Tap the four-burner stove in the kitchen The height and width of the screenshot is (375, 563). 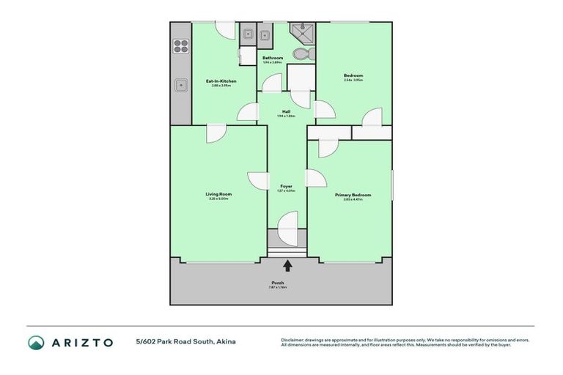click(180, 47)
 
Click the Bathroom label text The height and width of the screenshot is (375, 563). click(273, 57)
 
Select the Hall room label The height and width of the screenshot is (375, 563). click(286, 111)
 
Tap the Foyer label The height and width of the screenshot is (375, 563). click(286, 187)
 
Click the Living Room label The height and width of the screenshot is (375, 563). click(218, 194)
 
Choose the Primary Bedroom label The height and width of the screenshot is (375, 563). click(353, 195)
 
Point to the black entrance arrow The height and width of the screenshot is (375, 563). click(287, 266)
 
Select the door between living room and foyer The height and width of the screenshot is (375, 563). click(259, 181)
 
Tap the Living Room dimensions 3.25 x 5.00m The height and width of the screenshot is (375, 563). click(218, 199)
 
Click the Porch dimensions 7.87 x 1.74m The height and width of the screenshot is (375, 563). click(278, 287)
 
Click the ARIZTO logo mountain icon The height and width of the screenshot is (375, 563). click(36, 342)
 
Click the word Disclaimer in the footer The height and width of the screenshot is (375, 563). click(293, 339)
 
